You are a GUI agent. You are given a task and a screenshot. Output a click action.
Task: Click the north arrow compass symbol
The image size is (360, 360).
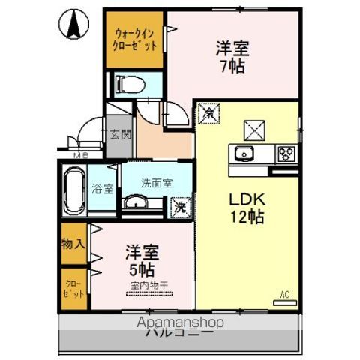pyautogui.click(x=74, y=27)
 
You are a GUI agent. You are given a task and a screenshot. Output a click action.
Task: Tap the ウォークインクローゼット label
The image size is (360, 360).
pyautogui.click(x=135, y=39)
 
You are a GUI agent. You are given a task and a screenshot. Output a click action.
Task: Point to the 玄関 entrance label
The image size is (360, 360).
pyautogui.click(x=120, y=136)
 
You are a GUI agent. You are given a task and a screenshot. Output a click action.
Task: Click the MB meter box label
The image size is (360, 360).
pyautogui.click(x=80, y=156)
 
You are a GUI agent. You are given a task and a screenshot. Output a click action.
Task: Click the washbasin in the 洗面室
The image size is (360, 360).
pyautogui.click(x=136, y=202)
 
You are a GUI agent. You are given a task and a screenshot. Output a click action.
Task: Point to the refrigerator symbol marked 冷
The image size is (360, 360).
pyautogui.click(x=207, y=114)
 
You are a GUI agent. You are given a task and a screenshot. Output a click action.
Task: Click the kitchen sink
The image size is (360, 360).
pyautogui.click(x=244, y=154)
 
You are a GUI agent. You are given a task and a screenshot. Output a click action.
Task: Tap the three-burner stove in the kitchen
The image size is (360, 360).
pyautogui.click(x=285, y=155)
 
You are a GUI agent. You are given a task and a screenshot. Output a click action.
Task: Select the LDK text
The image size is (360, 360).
pyautogui.click(x=245, y=201)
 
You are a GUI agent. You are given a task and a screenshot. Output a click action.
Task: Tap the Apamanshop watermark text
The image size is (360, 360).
pyautogui.click(x=180, y=322)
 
